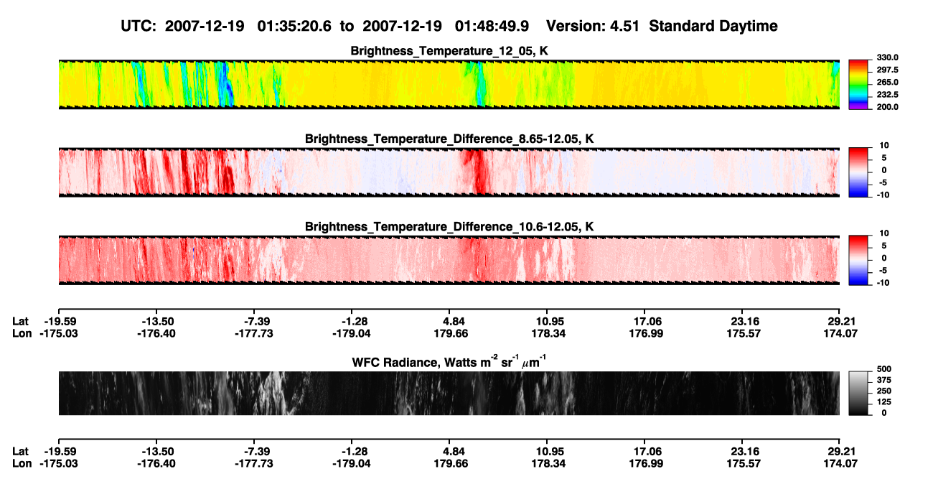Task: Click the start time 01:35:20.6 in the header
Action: tap(294, 26)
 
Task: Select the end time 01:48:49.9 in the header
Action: tap(492, 26)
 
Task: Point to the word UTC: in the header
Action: tap(139, 26)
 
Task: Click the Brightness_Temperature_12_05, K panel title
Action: tap(449, 51)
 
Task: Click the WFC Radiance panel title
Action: tap(449, 362)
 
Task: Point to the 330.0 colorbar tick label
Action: tap(887, 57)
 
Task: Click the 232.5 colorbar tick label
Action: tap(887, 95)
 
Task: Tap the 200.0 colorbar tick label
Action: tap(887, 107)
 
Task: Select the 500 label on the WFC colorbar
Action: tap(884, 369)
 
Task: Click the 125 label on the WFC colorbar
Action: tap(884, 402)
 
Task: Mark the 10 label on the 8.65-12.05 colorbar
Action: tap(884, 146)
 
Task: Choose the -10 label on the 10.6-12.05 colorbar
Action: tap(882, 283)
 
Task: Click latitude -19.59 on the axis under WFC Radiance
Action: tap(59, 452)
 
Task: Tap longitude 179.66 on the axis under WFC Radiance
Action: tap(451, 464)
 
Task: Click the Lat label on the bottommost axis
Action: tap(20, 452)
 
